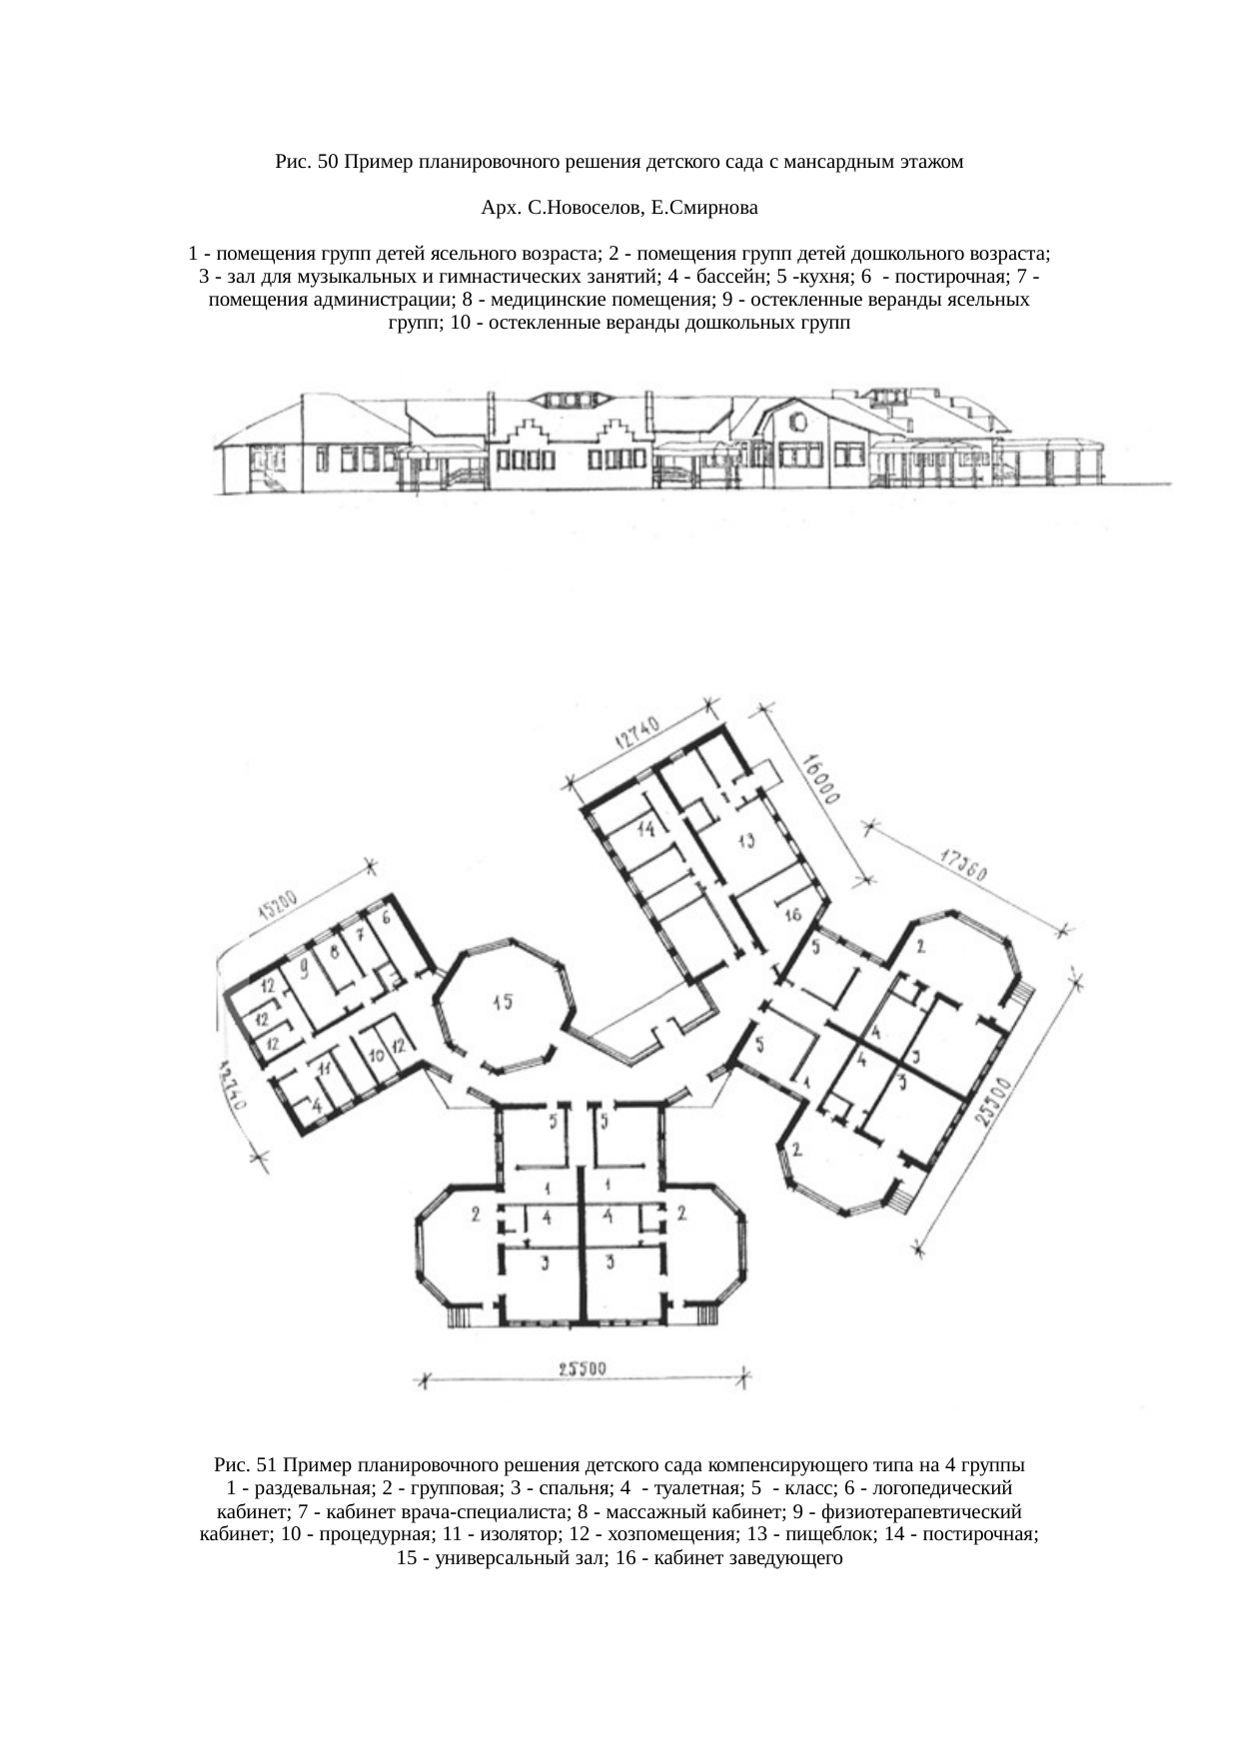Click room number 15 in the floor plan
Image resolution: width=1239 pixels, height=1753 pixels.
click(x=502, y=1002)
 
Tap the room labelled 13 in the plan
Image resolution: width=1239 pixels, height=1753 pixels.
click(x=746, y=840)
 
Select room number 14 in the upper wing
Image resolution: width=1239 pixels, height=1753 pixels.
click(x=644, y=828)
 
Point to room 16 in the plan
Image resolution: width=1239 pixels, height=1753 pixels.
click(x=793, y=915)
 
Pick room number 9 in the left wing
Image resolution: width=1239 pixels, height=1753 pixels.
click(x=303, y=967)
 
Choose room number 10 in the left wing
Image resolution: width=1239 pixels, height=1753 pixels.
click(x=376, y=1054)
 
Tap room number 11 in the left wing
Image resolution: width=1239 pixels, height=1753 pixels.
click(x=325, y=1069)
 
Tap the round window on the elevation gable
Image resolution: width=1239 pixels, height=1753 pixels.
click(x=796, y=422)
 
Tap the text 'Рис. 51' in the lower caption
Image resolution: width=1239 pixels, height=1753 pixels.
click(x=244, y=1466)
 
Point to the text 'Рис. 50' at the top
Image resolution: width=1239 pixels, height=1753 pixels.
click(x=305, y=162)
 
